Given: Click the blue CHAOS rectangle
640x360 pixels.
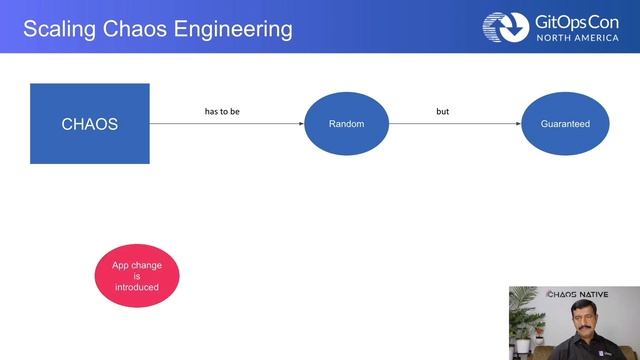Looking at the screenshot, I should (90, 124).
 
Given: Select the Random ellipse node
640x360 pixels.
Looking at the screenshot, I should (346, 124).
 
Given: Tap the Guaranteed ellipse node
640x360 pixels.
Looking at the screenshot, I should (566, 124).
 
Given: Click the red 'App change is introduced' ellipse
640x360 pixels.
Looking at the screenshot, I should (137, 276).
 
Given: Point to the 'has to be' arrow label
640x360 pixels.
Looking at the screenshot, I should (222, 111).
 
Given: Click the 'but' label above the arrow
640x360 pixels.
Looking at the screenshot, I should (442, 111).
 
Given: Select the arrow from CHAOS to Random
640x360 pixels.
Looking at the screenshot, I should (226, 124).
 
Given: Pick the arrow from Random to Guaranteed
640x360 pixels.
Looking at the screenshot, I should (455, 124).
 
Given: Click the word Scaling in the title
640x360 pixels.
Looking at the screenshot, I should (56, 28).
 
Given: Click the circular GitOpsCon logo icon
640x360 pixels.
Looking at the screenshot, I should (506, 27).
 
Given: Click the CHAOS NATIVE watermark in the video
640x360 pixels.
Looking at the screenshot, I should (577, 295).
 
